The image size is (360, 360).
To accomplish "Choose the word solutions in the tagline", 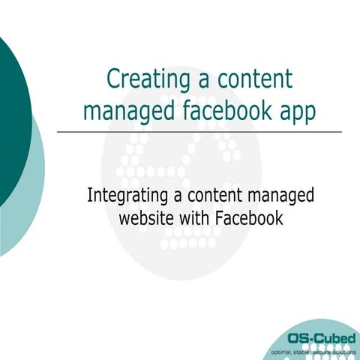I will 344,350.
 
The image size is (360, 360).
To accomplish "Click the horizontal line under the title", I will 199,132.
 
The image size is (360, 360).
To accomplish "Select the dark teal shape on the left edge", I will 10,112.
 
